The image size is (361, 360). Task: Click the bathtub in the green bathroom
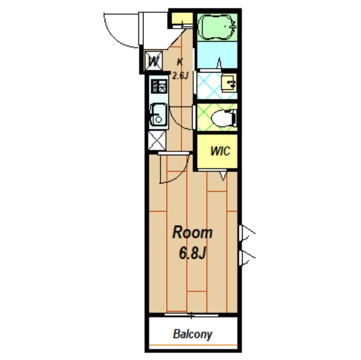click(x=217, y=27)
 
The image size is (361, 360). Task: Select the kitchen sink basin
click(x=158, y=114)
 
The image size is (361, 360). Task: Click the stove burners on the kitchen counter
click(x=159, y=86)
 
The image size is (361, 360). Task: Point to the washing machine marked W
click(x=154, y=61)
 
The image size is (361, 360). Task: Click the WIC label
click(x=221, y=151)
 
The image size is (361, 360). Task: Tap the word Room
click(x=192, y=233)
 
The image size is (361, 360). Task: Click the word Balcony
click(x=192, y=335)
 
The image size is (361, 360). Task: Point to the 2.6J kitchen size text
click(x=180, y=75)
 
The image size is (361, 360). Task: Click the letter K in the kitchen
click(x=180, y=62)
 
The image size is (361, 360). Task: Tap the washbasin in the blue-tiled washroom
click(x=229, y=83)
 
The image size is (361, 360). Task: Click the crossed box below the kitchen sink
click(x=157, y=140)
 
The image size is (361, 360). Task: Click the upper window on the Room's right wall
click(x=247, y=233)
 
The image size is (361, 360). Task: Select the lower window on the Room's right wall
click(x=247, y=259)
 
